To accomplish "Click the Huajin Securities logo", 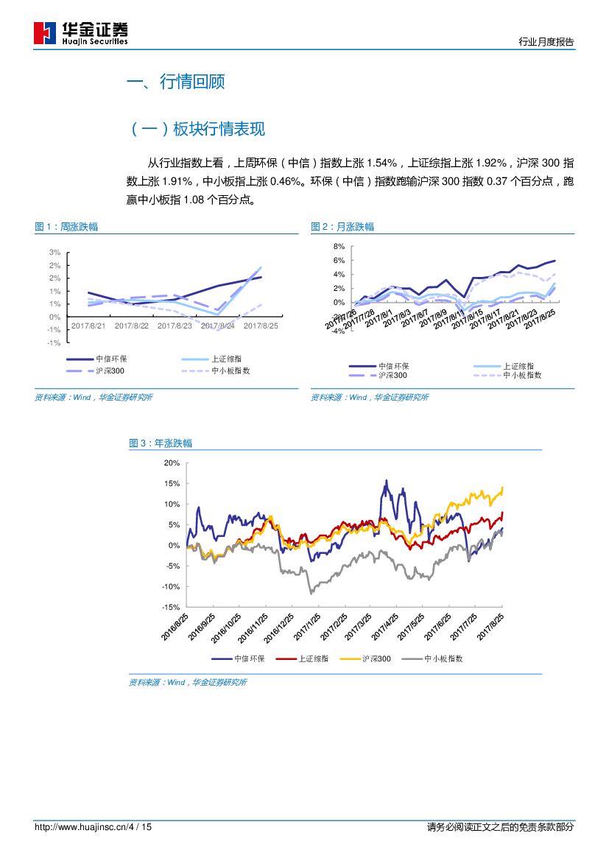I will [x=81, y=33].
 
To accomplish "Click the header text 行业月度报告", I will [x=546, y=42].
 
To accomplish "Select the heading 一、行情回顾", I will [x=176, y=82].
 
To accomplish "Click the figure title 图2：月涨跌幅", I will [x=342, y=227].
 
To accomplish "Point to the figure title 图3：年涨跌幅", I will [x=161, y=443].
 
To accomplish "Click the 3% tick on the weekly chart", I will [x=54, y=253].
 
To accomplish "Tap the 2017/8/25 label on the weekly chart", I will [x=261, y=326].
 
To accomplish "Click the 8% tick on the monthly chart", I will [x=339, y=246].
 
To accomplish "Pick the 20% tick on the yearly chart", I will [x=172, y=463].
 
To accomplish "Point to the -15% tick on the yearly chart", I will [x=171, y=607].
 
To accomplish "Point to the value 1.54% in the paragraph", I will [x=381, y=163].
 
